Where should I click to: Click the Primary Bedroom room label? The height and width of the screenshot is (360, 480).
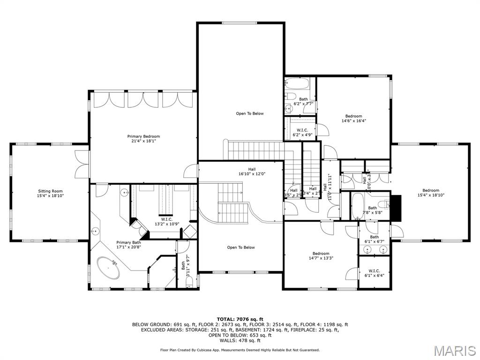tap(143, 139)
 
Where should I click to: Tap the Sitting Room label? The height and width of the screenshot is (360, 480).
tap(50, 193)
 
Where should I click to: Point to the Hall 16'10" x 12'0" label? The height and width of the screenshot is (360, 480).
tap(252, 172)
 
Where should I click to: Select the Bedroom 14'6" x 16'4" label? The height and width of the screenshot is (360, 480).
tap(353, 118)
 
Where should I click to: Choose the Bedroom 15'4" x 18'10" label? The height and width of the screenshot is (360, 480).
tap(430, 193)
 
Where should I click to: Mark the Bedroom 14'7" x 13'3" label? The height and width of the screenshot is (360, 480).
tap(321, 255)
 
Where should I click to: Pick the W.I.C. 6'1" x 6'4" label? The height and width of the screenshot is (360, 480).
tap(374, 273)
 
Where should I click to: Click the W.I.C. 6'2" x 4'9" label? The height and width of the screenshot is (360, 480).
tap(302, 133)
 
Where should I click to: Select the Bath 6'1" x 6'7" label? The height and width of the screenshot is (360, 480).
tap(374, 239)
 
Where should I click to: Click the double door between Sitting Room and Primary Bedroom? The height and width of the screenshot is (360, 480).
tap(82, 164)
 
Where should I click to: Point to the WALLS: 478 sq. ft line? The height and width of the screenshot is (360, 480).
tap(240, 340)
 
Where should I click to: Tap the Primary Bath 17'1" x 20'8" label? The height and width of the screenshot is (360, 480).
tap(128, 245)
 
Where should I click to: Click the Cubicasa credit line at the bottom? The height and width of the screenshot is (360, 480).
tap(240, 350)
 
